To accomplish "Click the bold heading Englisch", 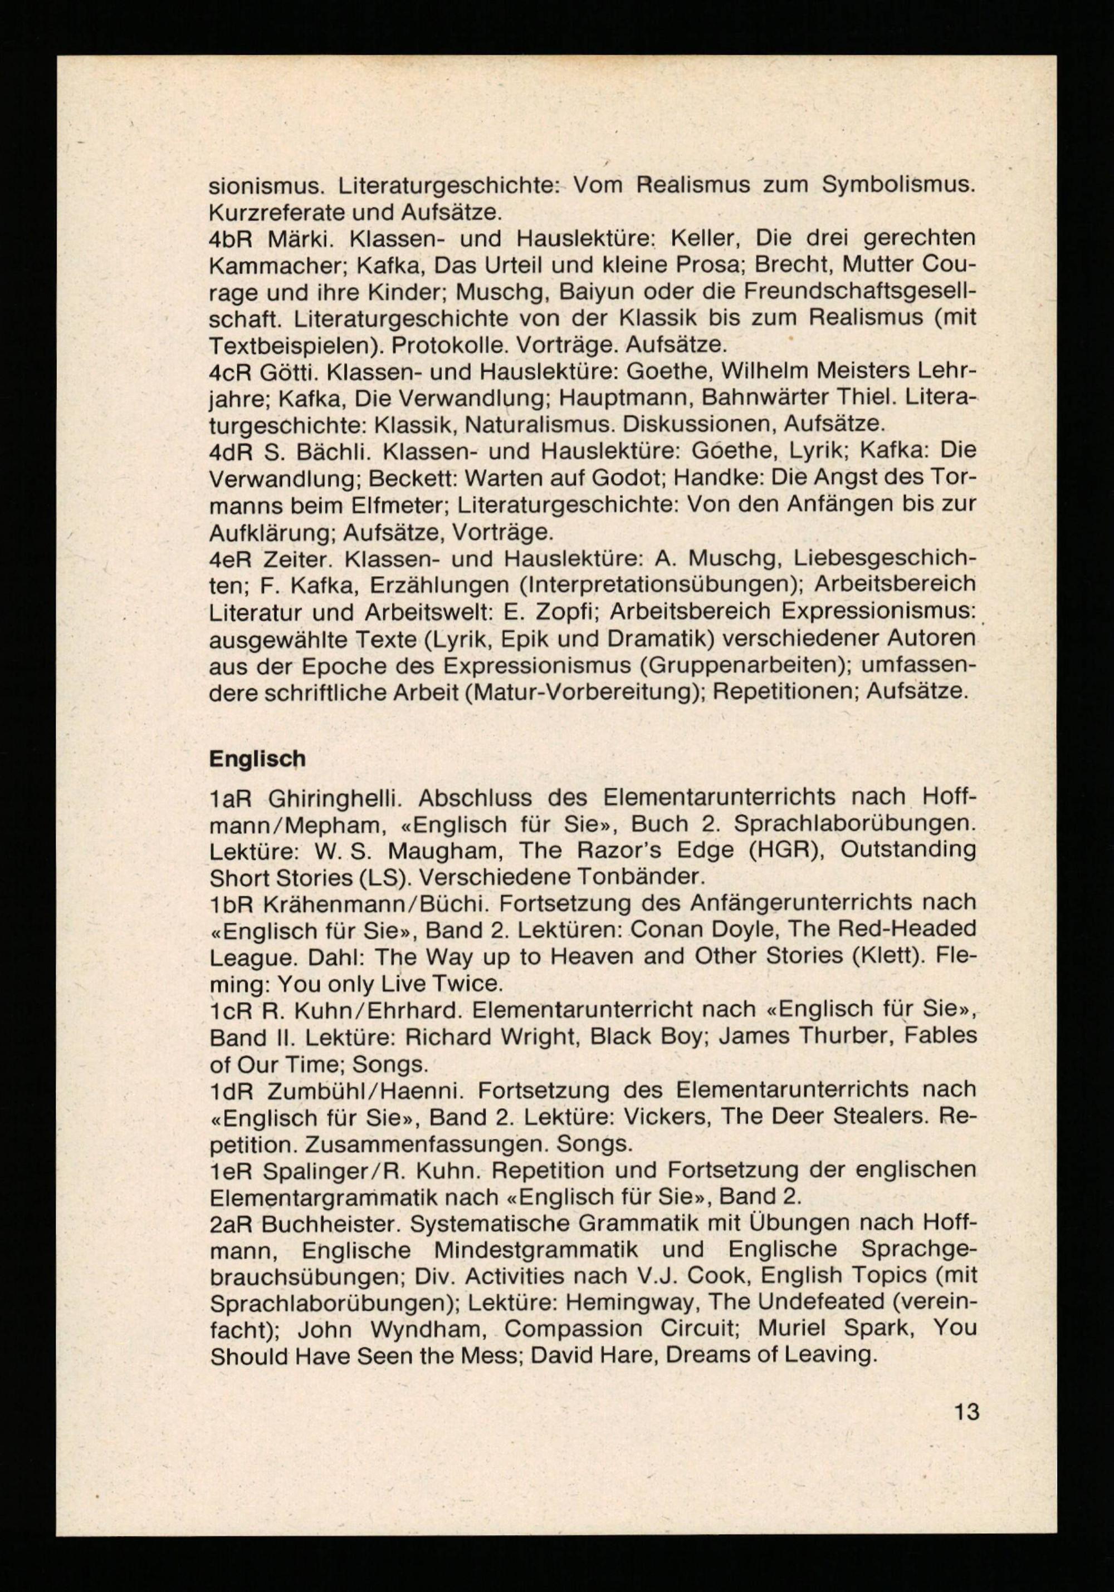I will pyautogui.click(x=257, y=759).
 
